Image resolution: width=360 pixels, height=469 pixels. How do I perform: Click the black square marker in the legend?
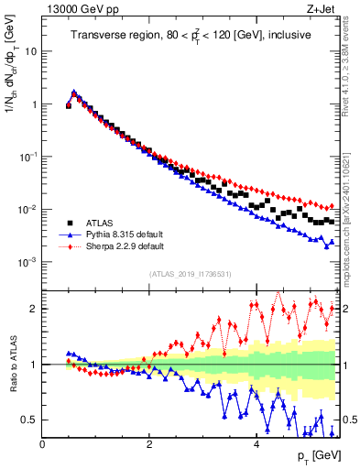(x=68, y=223)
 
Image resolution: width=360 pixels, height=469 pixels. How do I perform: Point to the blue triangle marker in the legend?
(x=68, y=234)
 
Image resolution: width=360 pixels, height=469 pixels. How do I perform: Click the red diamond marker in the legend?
(x=68, y=246)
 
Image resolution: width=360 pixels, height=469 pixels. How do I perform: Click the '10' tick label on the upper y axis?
(x=31, y=51)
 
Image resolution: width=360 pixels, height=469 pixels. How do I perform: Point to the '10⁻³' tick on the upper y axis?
(x=28, y=262)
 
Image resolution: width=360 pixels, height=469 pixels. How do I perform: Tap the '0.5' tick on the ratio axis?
(x=29, y=420)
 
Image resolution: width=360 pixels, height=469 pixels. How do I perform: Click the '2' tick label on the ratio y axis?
(x=34, y=309)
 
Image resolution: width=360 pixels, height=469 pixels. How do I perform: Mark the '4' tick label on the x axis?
(x=256, y=444)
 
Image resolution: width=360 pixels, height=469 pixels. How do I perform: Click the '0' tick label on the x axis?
(x=42, y=444)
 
